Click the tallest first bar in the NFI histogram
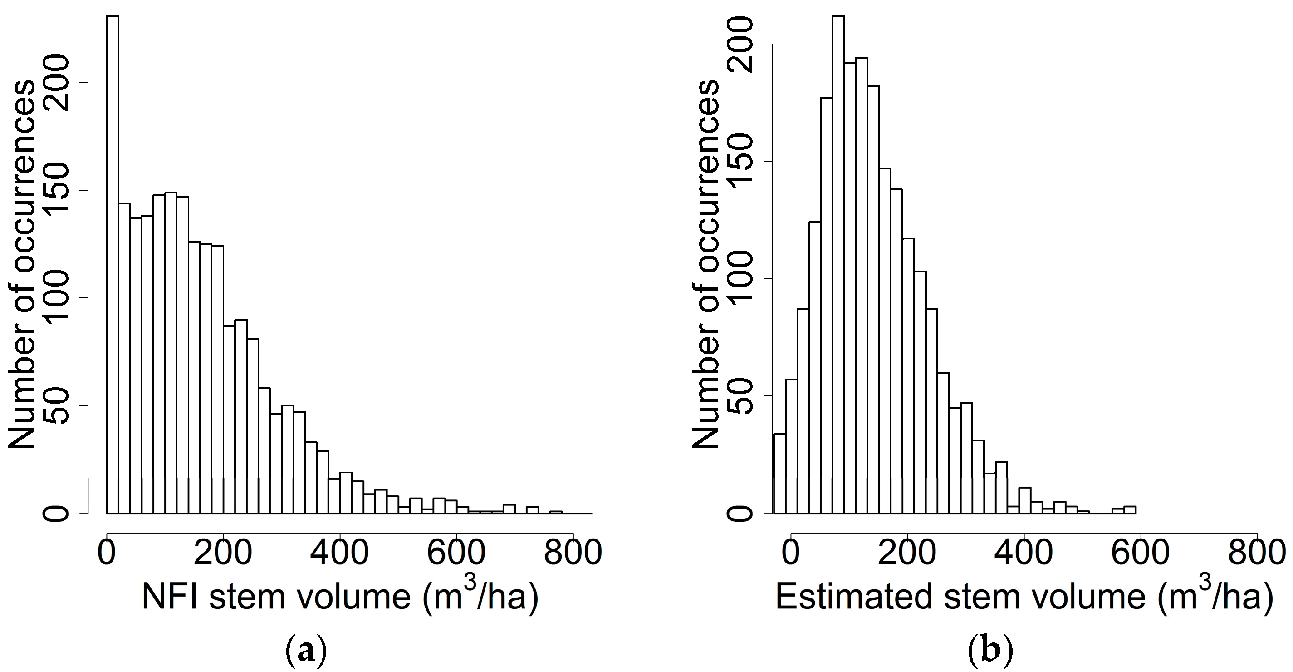point(113,261)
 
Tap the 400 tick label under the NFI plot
point(340,553)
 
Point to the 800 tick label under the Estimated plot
point(1256,553)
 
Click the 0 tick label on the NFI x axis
point(107,553)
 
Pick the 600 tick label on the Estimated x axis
point(1140,553)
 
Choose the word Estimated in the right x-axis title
point(856,597)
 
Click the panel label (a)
point(306,652)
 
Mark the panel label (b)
point(990,652)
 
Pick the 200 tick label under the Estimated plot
point(907,553)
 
